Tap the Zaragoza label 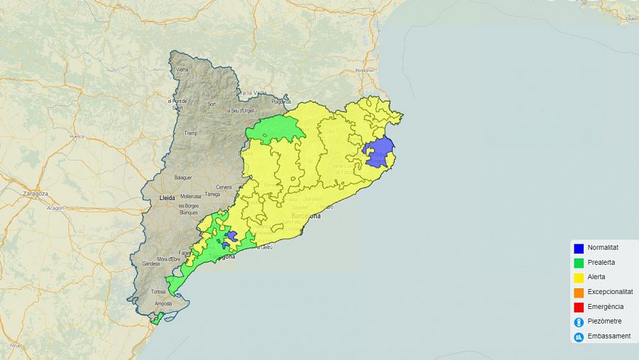[35, 193]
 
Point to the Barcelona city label [305, 215]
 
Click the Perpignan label [365, 70]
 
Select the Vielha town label [182, 70]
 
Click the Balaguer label [183, 177]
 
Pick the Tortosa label [158, 292]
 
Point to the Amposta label [163, 303]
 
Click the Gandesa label [151, 263]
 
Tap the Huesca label [77, 136]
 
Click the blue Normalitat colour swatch [579, 248]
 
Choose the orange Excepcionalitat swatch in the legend [579, 292]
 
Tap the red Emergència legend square [579, 307]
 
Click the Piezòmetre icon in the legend [579, 322]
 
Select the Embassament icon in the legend [579, 337]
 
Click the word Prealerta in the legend [601, 263]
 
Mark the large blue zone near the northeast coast [380, 152]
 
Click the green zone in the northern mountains [275, 129]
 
